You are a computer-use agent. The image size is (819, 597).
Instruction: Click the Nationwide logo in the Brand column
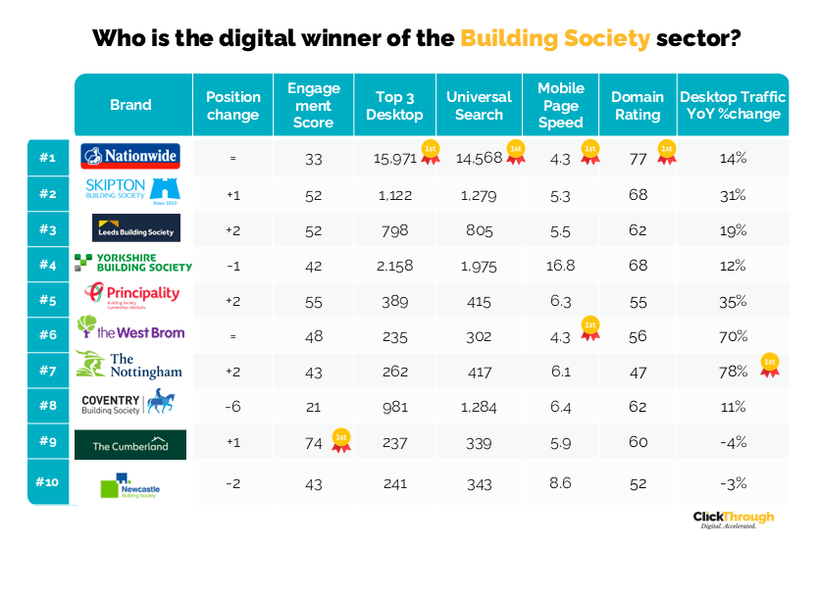click(132, 156)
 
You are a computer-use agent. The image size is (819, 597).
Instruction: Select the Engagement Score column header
click(313, 106)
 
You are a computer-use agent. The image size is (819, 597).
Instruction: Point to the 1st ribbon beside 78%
click(770, 367)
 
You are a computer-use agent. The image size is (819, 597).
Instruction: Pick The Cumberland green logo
click(130, 445)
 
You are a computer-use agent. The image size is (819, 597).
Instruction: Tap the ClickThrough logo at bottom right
click(733, 520)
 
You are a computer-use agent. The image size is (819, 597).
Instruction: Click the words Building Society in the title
click(554, 39)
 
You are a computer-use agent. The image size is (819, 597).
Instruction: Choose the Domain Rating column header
click(637, 106)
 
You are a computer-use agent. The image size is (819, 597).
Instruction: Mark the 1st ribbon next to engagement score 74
click(340, 440)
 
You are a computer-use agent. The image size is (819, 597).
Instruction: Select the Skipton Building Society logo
click(130, 191)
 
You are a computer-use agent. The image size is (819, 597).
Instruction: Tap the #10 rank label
click(47, 481)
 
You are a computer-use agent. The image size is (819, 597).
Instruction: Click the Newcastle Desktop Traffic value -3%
click(733, 482)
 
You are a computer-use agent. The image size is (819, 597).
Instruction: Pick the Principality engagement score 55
click(313, 299)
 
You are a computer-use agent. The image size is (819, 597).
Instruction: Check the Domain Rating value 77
click(638, 157)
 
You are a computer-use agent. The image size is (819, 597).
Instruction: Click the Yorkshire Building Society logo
click(132, 262)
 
